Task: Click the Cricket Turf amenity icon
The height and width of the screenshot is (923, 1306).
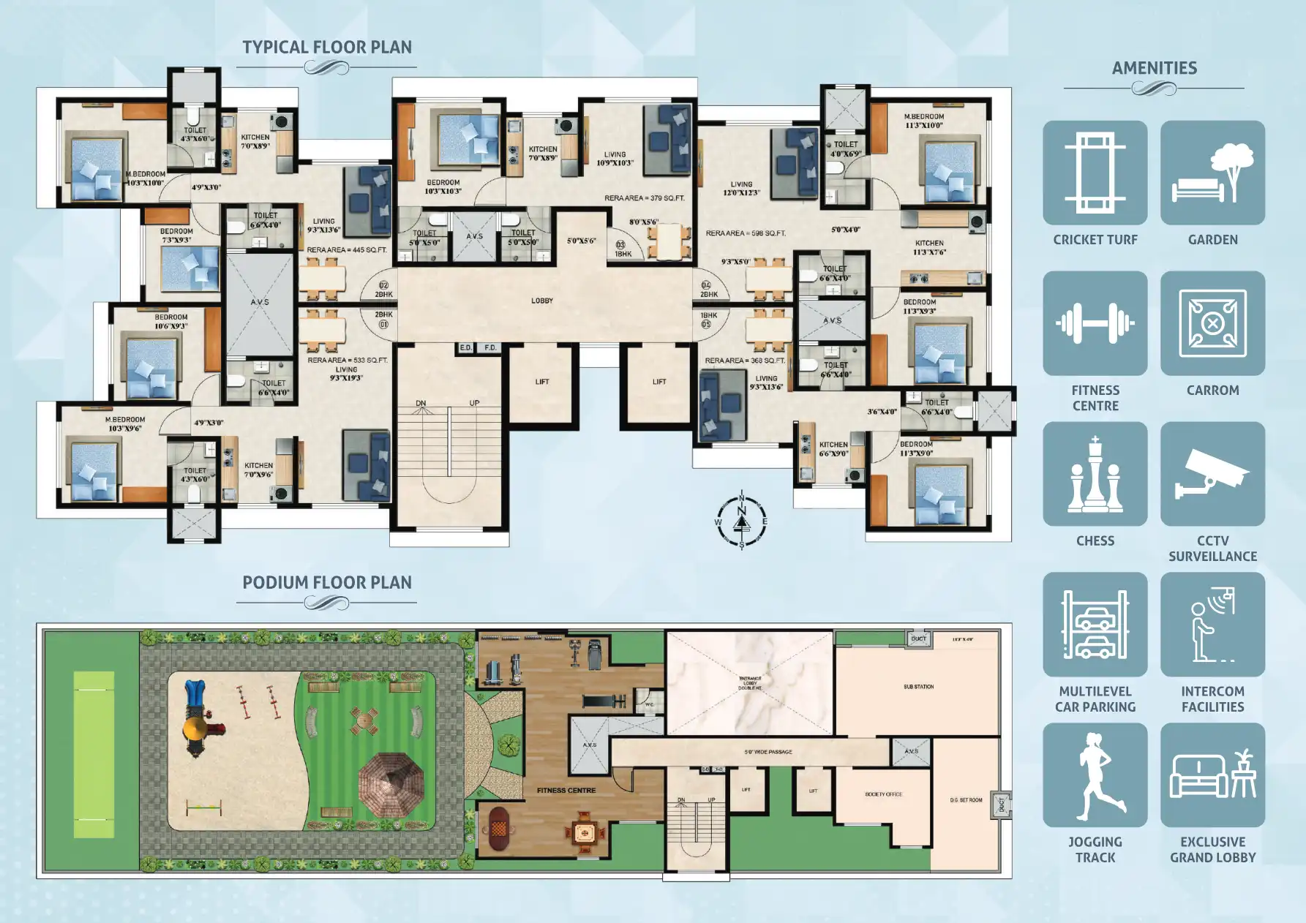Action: point(1095,173)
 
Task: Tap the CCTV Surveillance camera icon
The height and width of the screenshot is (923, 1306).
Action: point(1212,474)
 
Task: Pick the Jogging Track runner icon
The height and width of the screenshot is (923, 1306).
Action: point(1095,775)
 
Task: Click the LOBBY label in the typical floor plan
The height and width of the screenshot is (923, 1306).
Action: point(541,301)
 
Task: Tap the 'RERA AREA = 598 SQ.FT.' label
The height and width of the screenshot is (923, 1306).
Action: point(746,233)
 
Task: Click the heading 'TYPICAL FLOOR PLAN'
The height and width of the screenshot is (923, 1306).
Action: point(327,48)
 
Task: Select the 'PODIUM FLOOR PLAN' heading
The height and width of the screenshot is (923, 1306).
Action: point(327,583)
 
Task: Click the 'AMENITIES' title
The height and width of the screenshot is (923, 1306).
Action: point(1154,68)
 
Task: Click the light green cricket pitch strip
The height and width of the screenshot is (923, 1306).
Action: point(94,754)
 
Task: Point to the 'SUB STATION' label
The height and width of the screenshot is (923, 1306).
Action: point(918,687)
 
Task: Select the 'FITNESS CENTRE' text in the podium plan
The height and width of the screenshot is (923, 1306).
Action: point(566,791)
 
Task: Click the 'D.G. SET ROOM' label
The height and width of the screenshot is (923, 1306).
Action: point(966,800)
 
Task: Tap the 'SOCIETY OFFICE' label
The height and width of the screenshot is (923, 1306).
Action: point(883,794)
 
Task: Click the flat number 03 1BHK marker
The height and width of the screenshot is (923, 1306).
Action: point(622,249)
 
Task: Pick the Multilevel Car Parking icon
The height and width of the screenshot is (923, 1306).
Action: point(1095,625)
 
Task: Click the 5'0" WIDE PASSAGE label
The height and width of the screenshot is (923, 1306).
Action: point(768,752)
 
